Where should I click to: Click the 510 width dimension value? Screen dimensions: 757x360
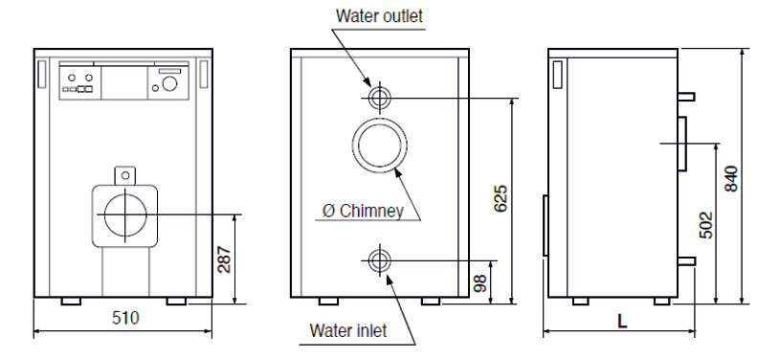point(125,318)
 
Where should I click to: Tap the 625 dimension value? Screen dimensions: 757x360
point(501,198)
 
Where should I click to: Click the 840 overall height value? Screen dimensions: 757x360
point(731,179)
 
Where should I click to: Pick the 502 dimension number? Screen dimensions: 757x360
point(705,225)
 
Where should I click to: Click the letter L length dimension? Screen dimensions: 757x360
point(622,322)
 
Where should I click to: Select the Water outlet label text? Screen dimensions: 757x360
point(379,15)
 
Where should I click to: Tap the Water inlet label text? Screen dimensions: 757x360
point(348,330)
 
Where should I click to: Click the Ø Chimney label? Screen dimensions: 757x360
point(363,212)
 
